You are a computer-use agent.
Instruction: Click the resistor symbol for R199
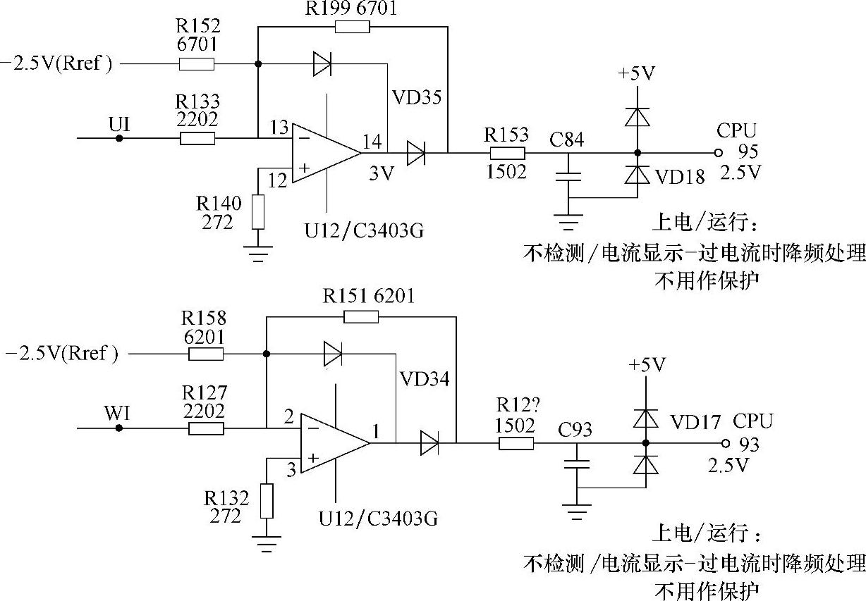tap(352, 27)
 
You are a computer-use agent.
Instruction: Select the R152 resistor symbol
tap(197, 65)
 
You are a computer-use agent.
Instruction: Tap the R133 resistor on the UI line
tap(197, 138)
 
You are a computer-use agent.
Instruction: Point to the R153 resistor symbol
tap(506, 153)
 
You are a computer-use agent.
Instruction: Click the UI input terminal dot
tap(119, 138)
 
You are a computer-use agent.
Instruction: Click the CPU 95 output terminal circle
tap(718, 153)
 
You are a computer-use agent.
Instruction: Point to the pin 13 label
tap(279, 128)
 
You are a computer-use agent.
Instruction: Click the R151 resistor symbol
tap(360, 317)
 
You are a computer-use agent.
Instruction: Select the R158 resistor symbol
tap(206, 354)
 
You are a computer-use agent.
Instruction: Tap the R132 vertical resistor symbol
tap(267, 501)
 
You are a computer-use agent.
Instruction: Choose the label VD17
tap(696, 423)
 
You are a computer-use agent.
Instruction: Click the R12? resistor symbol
tap(516, 443)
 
